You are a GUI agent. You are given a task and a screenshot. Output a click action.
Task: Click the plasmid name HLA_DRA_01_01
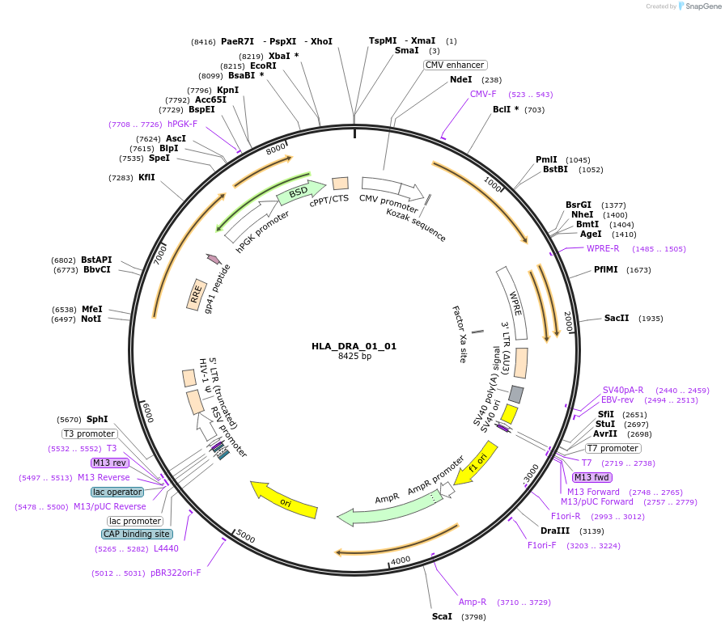(x=354, y=346)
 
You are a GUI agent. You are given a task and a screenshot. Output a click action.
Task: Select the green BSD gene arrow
(x=299, y=193)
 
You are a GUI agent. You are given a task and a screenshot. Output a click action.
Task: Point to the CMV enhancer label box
(x=455, y=65)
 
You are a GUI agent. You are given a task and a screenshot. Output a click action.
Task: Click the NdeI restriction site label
(x=460, y=80)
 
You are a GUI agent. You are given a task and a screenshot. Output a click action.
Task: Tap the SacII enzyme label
(x=617, y=319)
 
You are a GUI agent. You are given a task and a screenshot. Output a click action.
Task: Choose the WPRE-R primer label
(x=603, y=248)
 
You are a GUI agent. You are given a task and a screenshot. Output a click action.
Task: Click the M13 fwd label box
(x=591, y=477)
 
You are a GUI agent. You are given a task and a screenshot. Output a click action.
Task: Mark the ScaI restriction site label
(x=442, y=616)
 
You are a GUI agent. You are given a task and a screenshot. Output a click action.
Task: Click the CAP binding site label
(x=136, y=534)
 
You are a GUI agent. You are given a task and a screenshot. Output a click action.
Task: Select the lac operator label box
(x=117, y=492)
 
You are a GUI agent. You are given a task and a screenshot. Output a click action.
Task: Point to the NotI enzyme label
(x=91, y=319)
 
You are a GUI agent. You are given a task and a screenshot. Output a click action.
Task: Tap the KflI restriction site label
(x=146, y=177)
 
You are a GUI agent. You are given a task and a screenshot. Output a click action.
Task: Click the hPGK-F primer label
(x=182, y=124)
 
